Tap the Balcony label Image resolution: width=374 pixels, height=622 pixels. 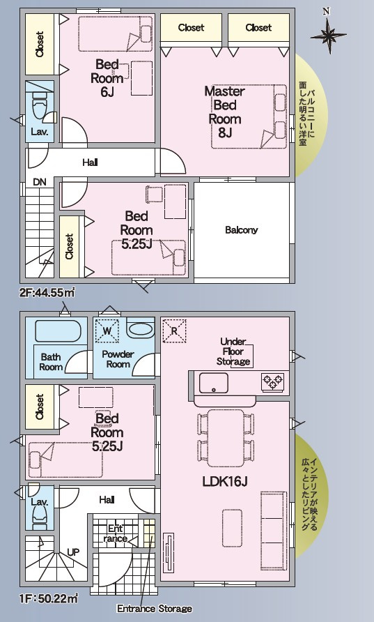241,229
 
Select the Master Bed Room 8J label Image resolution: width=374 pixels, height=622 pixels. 225,112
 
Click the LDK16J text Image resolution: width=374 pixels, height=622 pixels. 225,482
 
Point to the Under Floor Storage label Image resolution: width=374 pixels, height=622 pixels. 233,351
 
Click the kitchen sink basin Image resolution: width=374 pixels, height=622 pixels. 214,383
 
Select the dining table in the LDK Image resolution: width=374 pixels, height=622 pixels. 226,438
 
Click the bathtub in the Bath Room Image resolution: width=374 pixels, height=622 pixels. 58,331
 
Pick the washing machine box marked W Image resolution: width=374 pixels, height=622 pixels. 107,330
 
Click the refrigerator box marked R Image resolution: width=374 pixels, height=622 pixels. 174,331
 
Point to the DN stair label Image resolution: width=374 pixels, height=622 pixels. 40,182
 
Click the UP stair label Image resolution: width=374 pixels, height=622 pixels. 73,552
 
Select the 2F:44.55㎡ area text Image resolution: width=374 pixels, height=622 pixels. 47,293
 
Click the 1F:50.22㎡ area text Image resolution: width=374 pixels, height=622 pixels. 49,598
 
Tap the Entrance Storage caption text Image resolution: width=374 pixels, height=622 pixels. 155,609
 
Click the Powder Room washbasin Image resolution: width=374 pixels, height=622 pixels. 140,330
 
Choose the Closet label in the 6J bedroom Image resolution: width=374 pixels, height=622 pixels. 40,44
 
